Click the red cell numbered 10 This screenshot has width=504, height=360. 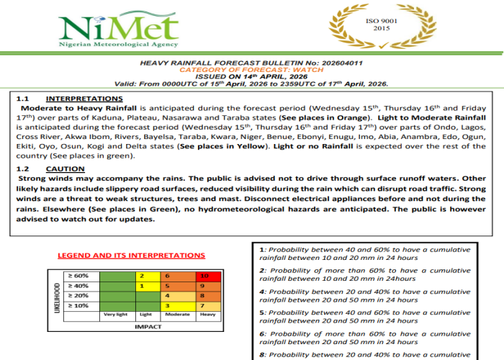[206, 276]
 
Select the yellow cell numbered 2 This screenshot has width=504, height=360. [146, 276]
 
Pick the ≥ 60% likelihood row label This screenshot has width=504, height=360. [78, 276]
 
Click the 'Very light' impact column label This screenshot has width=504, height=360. [115, 315]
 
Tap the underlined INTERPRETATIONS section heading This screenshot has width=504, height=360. [84, 99]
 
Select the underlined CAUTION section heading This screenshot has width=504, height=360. [65, 168]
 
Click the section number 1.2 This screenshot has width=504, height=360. [22, 168]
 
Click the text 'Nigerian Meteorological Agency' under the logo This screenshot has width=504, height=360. [119, 44]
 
